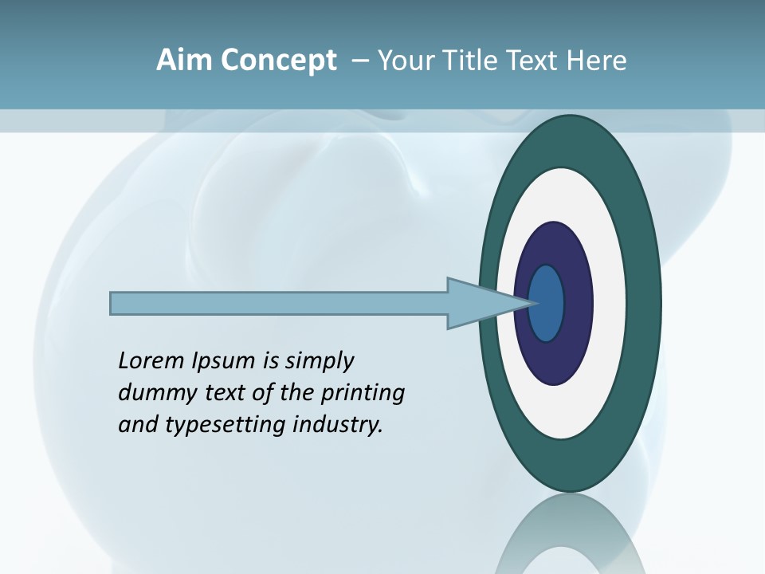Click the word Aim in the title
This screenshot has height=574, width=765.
[x=185, y=61]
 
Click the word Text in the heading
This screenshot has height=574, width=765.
[x=534, y=61]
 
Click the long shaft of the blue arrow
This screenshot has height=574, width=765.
[x=279, y=303]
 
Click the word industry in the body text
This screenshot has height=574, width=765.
[x=338, y=425]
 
